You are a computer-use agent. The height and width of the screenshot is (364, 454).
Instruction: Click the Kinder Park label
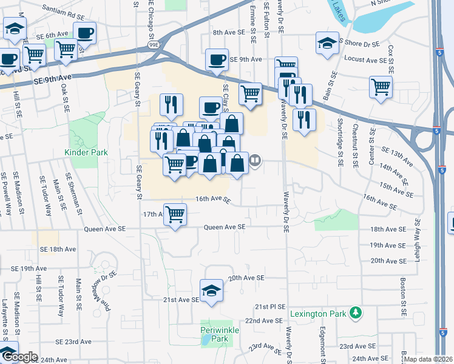(x=87, y=152)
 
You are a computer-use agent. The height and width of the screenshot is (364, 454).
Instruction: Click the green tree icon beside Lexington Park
(x=356, y=313)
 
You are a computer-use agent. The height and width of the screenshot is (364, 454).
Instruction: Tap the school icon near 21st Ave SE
(x=211, y=289)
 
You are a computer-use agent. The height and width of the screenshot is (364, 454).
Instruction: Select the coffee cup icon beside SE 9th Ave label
(x=216, y=59)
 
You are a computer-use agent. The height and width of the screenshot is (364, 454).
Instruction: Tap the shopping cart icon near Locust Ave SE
(x=381, y=86)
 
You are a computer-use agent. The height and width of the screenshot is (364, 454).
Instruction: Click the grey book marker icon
(x=256, y=161)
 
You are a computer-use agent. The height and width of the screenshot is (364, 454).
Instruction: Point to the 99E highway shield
(x=155, y=44)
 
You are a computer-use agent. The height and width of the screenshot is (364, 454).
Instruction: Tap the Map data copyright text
(x=427, y=359)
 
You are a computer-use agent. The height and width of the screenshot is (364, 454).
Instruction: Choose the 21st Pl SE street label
(x=269, y=307)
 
